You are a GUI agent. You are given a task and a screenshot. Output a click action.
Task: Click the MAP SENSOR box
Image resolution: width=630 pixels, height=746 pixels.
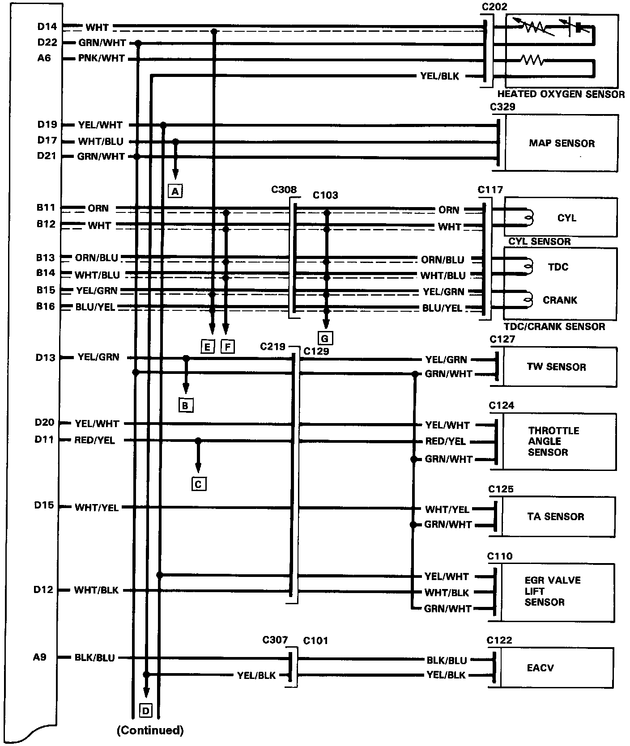pyautogui.click(x=562, y=143)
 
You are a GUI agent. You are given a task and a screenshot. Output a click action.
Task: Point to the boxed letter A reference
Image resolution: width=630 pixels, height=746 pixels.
pyautogui.click(x=175, y=191)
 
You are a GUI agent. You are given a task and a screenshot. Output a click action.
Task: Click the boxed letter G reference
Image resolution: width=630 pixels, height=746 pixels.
pyautogui.click(x=325, y=339)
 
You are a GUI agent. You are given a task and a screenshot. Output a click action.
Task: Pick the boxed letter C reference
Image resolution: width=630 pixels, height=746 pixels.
pyautogui.click(x=199, y=484)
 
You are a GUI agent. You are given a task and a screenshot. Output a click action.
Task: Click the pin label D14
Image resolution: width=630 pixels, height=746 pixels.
pyautogui.click(x=47, y=27)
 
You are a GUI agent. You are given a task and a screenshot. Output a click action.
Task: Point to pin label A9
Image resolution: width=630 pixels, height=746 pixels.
pyautogui.click(x=40, y=657)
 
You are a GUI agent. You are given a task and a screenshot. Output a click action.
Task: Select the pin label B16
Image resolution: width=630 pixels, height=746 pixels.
pyautogui.click(x=46, y=306)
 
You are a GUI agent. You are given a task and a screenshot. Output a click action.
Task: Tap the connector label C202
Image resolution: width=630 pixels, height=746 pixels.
pyautogui.click(x=494, y=7)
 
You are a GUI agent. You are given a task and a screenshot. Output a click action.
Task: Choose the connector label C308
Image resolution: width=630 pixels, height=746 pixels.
pyautogui.click(x=284, y=190)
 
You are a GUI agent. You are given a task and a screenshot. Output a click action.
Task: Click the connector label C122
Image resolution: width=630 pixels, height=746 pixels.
pyautogui.click(x=499, y=640)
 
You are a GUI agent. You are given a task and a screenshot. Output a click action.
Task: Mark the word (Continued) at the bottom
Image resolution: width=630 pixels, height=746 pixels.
pyautogui.click(x=150, y=730)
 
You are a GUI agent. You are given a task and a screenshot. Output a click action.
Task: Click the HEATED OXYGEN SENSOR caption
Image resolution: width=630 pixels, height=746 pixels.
pyautogui.click(x=561, y=94)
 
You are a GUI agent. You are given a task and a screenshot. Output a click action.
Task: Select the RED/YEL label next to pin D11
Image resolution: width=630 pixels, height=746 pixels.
pyautogui.click(x=94, y=441)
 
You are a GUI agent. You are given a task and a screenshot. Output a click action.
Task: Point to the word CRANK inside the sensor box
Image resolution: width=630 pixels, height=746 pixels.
pyautogui.click(x=560, y=300)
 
